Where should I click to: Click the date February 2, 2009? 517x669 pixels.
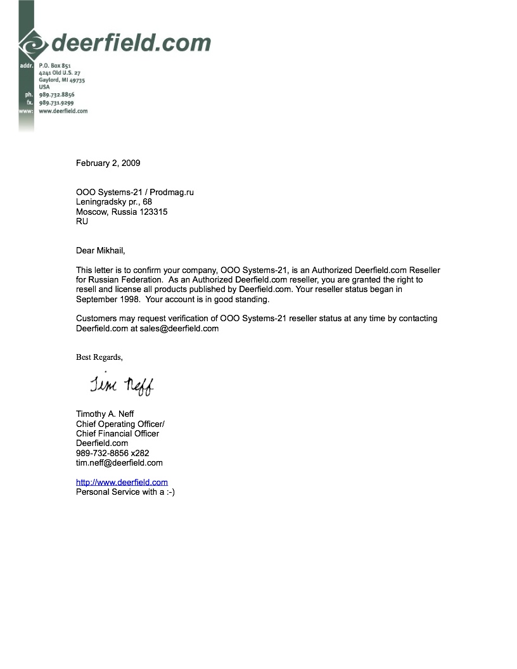[108, 163]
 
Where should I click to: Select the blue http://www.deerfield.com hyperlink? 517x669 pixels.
[122, 482]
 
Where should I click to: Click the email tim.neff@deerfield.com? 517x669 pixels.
[119, 462]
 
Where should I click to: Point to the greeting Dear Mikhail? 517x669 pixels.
[105, 250]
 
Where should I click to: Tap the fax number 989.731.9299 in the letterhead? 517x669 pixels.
[56, 103]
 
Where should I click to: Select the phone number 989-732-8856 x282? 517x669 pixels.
[113, 453]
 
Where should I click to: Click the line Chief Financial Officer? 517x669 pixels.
[117, 433]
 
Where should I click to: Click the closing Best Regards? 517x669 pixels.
[99, 357]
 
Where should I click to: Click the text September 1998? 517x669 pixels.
[104, 299]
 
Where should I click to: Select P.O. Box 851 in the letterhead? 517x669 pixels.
[54, 65]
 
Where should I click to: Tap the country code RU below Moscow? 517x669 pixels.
[82, 222]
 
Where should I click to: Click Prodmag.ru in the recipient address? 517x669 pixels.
[172, 193]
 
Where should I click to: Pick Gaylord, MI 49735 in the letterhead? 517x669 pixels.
[61, 80]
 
